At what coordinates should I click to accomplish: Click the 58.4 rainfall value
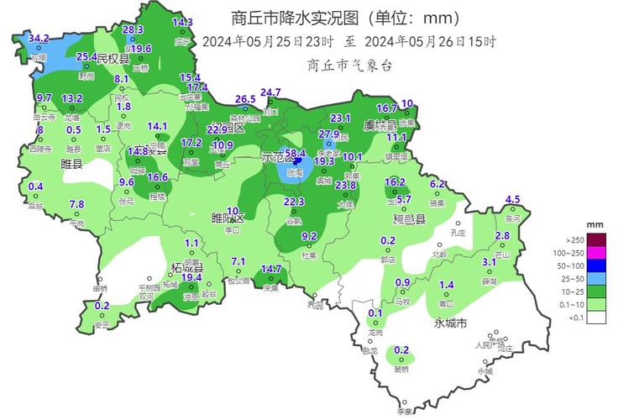pyautogui.click(x=296, y=153)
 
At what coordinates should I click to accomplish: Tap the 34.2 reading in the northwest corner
pyautogui.click(x=39, y=39)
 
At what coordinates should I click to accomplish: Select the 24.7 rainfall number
pyautogui.click(x=270, y=92)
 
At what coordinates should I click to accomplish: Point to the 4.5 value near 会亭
pyautogui.click(x=512, y=199)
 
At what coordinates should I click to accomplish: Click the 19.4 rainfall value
pyautogui.click(x=191, y=277)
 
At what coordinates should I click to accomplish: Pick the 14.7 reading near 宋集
pyautogui.click(x=271, y=269)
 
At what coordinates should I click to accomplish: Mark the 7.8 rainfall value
pyautogui.click(x=76, y=204)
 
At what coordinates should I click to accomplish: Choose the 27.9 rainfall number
pyautogui.click(x=329, y=134)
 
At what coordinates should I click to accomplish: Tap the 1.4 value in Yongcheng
pyautogui.click(x=447, y=285)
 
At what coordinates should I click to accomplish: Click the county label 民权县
pyautogui.click(x=113, y=59)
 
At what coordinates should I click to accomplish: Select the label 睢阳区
pyautogui.click(x=227, y=218)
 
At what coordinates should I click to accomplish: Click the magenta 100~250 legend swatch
pyautogui.click(x=596, y=252)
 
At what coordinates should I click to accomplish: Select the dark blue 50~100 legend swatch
pyautogui.click(x=596, y=265)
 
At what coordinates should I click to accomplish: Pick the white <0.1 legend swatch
pyautogui.click(x=596, y=317)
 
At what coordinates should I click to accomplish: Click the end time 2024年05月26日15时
pyautogui.click(x=431, y=41)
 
